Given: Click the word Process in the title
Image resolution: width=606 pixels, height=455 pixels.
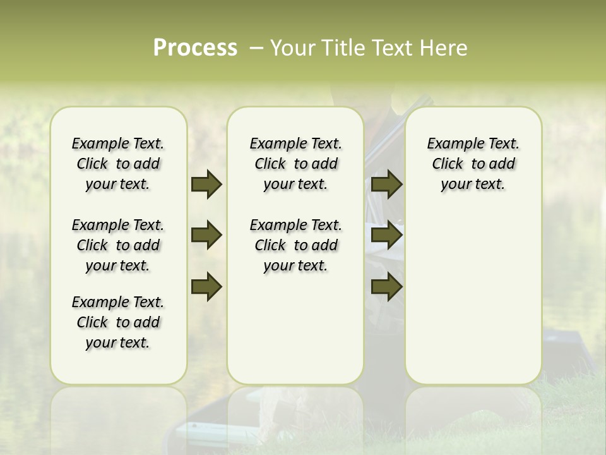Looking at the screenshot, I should (195, 48).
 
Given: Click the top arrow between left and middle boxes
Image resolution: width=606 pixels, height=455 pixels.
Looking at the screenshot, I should (206, 185).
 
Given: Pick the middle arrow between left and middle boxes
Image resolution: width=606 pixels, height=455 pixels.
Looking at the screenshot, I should (206, 236).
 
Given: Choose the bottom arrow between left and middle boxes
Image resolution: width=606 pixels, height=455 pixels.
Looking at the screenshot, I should (206, 287).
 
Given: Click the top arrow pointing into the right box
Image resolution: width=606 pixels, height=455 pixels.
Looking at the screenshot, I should (387, 185).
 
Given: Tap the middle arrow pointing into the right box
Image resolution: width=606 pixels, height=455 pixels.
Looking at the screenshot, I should (387, 236).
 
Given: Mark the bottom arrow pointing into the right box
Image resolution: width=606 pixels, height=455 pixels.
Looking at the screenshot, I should (387, 287).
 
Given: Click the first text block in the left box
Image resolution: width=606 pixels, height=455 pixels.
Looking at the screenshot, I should (118, 164).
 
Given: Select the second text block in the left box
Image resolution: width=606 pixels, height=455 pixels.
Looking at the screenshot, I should (118, 245).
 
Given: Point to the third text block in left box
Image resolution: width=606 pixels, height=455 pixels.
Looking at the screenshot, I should (118, 322).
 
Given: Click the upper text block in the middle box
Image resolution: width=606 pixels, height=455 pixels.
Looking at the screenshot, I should (295, 164).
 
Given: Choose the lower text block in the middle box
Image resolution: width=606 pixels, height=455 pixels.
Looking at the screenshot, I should (295, 245).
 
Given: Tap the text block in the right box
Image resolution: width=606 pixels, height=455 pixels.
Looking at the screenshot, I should (473, 164).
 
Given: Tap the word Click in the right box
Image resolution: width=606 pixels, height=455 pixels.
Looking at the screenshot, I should (448, 164).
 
